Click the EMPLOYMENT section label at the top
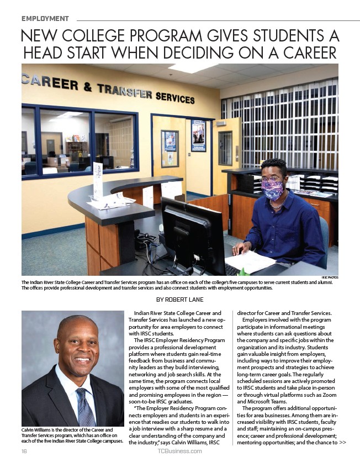[x=45, y=19]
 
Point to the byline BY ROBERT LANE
[x=180, y=300]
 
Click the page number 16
[x=24, y=451]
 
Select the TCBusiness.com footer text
[x=179, y=451]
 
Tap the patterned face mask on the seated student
[x=273, y=189]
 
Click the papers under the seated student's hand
[x=251, y=260]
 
